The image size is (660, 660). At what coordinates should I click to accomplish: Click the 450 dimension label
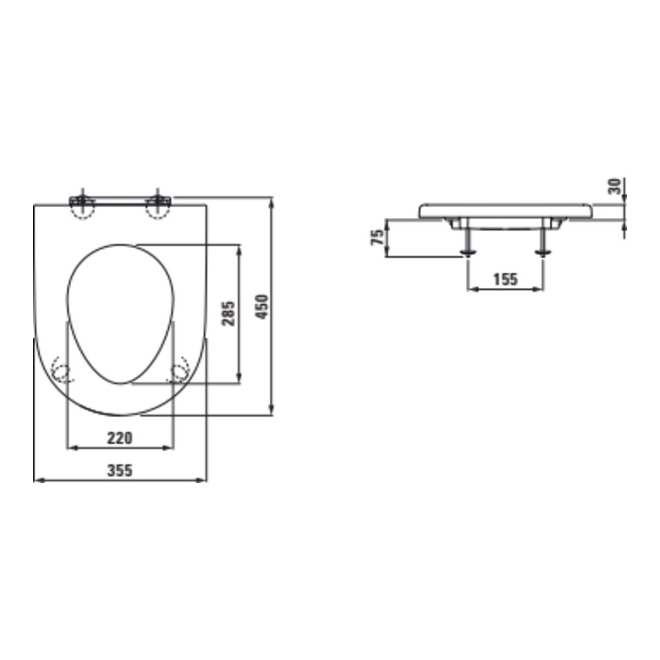(x=262, y=307)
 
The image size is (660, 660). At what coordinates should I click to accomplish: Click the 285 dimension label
(x=228, y=313)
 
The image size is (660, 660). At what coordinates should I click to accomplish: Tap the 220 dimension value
(x=120, y=438)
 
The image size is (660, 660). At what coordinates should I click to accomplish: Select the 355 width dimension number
(x=120, y=470)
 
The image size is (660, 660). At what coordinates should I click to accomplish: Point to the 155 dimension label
(x=505, y=279)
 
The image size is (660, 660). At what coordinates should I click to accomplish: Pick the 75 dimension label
(x=377, y=238)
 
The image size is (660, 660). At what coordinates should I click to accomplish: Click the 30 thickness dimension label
(x=614, y=186)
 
